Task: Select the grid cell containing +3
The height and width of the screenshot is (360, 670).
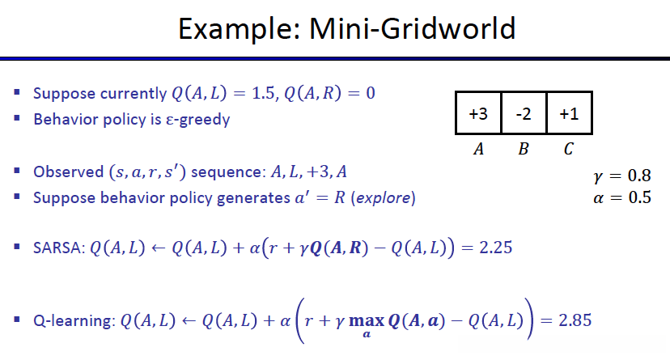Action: click(478, 114)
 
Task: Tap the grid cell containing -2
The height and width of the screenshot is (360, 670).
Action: click(524, 114)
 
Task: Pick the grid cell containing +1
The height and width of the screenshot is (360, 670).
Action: click(569, 114)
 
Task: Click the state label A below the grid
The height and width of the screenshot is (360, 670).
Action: click(478, 149)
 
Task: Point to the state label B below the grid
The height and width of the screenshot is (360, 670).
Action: click(524, 149)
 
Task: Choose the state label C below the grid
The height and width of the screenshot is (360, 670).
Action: click(569, 149)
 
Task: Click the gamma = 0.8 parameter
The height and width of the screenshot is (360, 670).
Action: click(621, 176)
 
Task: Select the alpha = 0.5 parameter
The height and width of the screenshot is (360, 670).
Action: click(621, 197)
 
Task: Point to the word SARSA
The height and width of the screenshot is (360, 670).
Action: click(54, 247)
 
